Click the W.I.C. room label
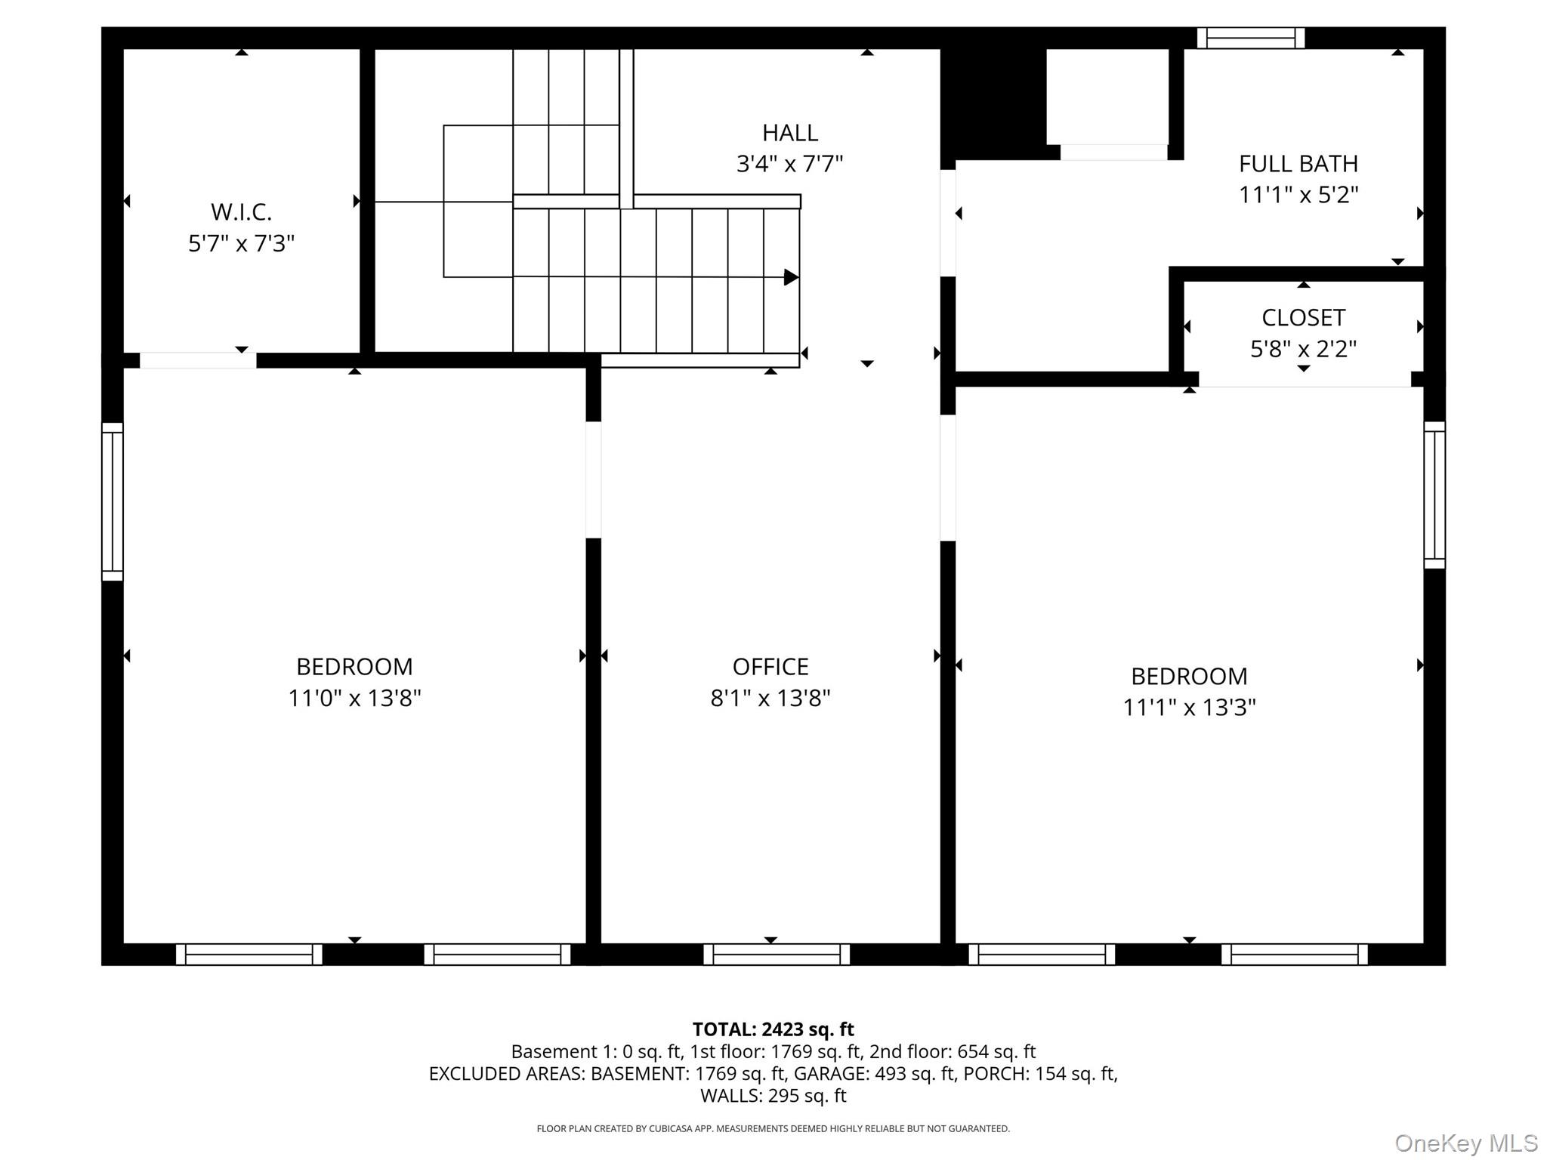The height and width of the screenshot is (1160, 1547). (x=241, y=212)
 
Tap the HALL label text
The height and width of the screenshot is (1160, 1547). (x=789, y=133)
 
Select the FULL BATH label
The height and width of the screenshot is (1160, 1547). (x=1298, y=164)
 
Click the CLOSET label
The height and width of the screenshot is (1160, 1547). (x=1303, y=318)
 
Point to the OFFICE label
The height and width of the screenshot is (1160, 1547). (x=770, y=667)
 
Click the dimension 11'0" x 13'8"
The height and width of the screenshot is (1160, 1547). (x=354, y=698)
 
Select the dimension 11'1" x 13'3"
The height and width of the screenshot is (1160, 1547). (x=1189, y=708)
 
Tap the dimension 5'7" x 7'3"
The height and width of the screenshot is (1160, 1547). (x=241, y=244)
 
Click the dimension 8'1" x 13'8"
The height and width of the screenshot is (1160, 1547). (x=770, y=698)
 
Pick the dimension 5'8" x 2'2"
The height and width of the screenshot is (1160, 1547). (x=1303, y=349)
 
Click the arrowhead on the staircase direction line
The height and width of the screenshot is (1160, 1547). (x=792, y=277)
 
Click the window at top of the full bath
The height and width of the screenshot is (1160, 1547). (x=1251, y=38)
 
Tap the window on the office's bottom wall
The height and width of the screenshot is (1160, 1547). (x=777, y=955)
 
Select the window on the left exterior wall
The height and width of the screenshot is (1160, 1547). (x=113, y=501)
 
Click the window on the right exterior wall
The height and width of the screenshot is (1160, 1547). (x=1434, y=495)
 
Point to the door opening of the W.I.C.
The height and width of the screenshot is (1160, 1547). (x=198, y=360)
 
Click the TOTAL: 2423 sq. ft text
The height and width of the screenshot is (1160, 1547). (x=773, y=1029)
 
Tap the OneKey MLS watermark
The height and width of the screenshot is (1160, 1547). (x=1466, y=1143)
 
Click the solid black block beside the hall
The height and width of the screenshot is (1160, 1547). (x=993, y=98)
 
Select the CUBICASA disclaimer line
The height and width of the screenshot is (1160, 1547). (x=773, y=1129)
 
